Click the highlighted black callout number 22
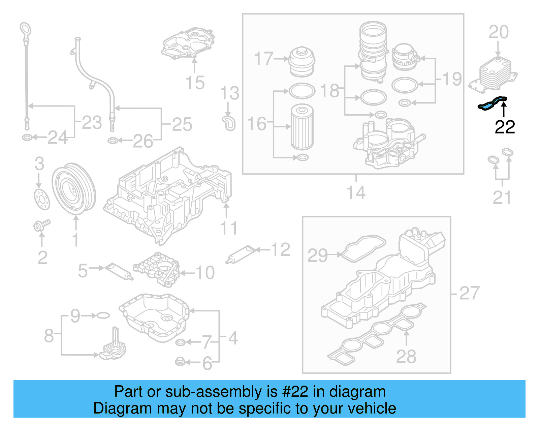pyautogui.click(x=505, y=127)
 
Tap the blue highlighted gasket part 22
pyautogui.click(x=492, y=103)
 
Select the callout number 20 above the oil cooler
pyautogui.click(x=498, y=32)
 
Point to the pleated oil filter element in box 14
pyautogui.click(x=302, y=127)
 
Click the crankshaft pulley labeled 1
pyautogui.click(x=74, y=189)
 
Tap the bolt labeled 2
pyautogui.click(x=41, y=225)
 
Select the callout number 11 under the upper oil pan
pyautogui.click(x=229, y=228)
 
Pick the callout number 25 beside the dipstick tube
pyautogui.click(x=182, y=124)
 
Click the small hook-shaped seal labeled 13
pyautogui.click(x=229, y=123)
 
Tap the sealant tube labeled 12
pyautogui.click(x=242, y=254)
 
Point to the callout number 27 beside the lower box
pyautogui.click(x=469, y=293)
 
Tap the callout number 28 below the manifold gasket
pyautogui.click(x=406, y=356)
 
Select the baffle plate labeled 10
pyautogui.click(x=157, y=269)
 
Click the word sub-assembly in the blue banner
pyautogui.click(x=229, y=392)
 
